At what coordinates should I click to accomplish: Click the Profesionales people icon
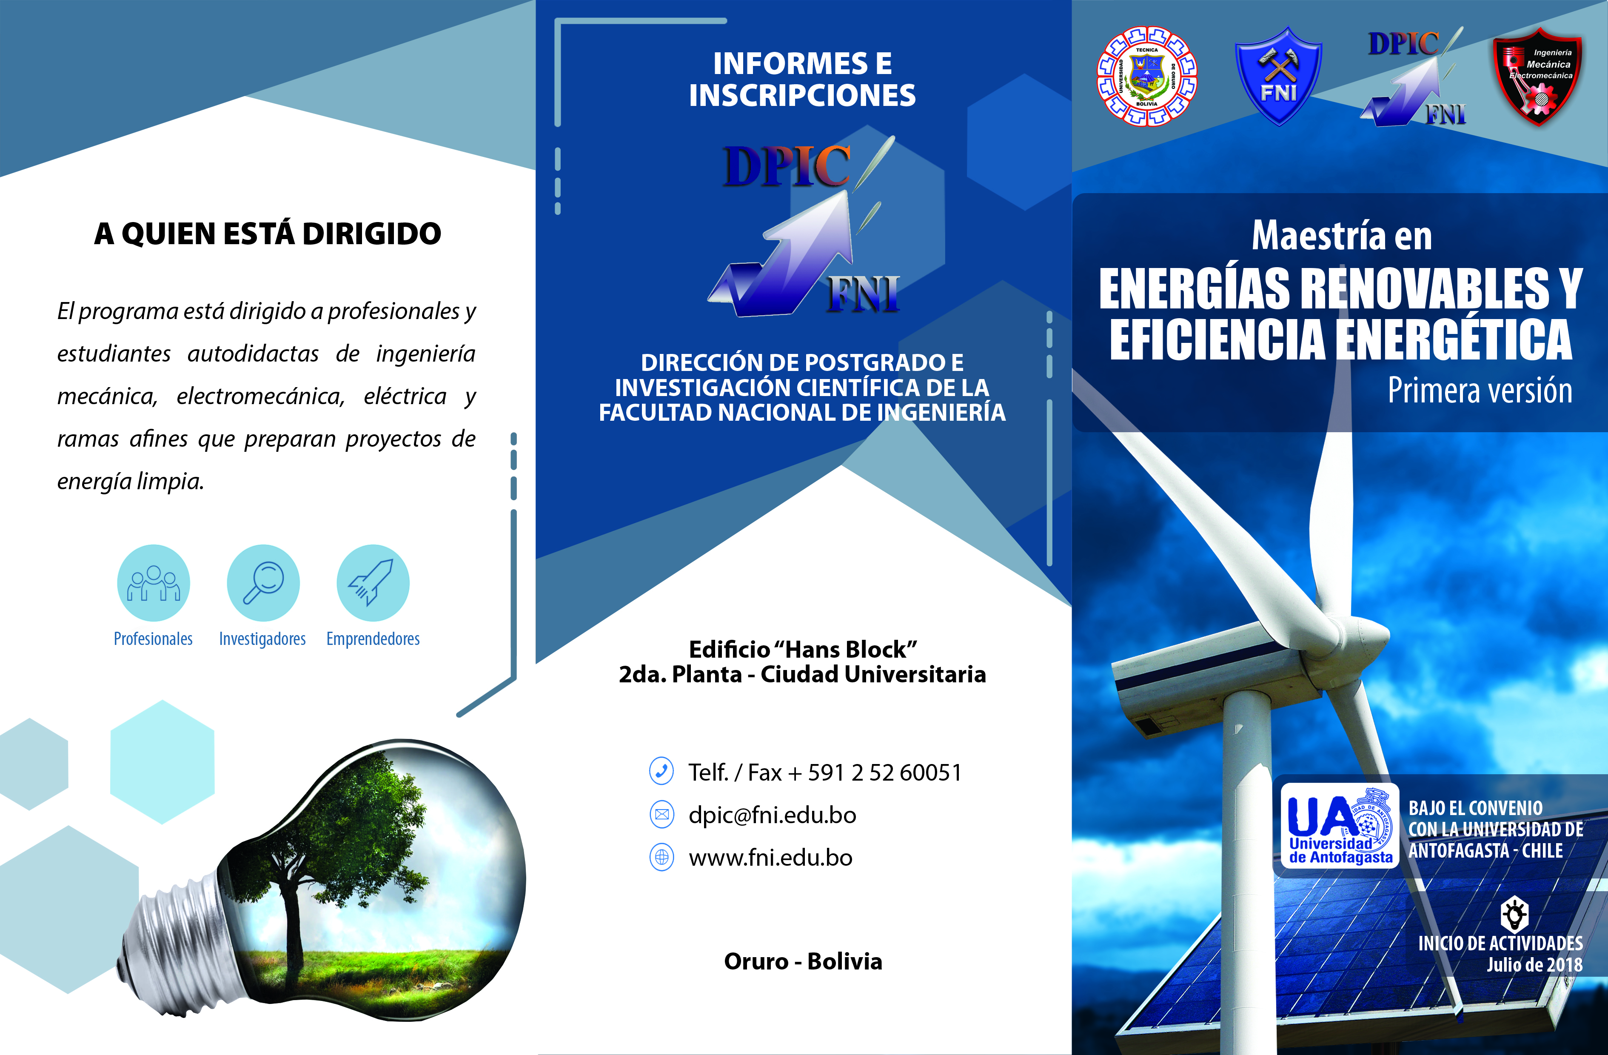click(154, 582)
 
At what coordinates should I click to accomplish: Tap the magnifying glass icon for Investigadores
click(263, 582)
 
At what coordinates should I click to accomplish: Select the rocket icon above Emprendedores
click(373, 582)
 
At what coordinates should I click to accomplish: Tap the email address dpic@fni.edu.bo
click(772, 815)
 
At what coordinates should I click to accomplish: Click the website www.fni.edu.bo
click(770, 858)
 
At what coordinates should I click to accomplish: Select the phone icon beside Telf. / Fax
click(661, 771)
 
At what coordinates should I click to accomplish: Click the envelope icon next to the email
click(661, 814)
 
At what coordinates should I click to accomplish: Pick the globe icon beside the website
click(661, 857)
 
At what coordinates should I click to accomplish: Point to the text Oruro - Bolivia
click(803, 961)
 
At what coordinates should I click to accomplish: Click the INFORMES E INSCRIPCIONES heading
click(803, 79)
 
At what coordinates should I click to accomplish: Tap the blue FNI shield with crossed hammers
click(1278, 76)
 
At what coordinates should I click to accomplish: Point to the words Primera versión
click(1480, 390)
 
